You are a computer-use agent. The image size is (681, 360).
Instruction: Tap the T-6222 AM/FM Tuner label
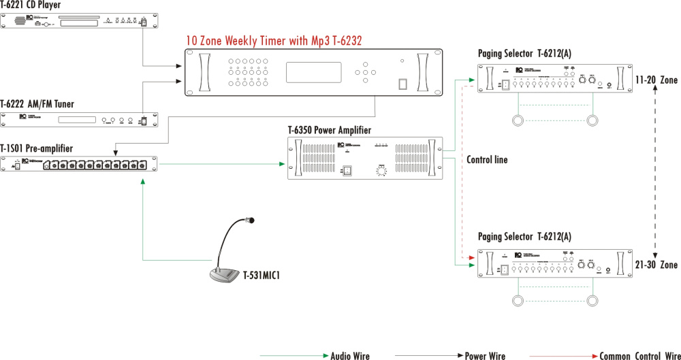(37, 103)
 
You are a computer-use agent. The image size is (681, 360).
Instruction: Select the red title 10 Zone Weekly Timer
(273, 41)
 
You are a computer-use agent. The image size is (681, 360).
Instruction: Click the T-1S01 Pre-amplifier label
(37, 148)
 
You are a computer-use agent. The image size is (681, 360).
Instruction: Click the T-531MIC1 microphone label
(262, 276)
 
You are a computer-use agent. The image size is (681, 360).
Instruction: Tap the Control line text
(487, 160)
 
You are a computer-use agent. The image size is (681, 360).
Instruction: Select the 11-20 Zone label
(656, 80)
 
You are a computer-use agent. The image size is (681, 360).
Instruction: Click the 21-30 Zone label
(656, 265)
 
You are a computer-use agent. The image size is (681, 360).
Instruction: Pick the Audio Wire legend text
(350, 355)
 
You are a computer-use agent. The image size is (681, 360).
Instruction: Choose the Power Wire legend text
(485, 355)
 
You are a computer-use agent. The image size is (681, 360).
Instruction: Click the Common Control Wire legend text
(639, 355)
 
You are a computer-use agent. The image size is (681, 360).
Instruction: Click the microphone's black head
(250, 220)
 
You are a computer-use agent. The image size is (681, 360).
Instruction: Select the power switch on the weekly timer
(403, 84)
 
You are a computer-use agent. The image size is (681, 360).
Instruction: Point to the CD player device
(82, 20)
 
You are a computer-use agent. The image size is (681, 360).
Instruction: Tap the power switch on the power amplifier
(346, 171)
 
